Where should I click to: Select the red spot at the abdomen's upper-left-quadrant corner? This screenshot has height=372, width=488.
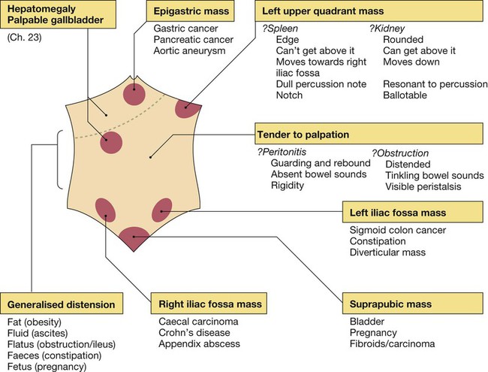point(187,108)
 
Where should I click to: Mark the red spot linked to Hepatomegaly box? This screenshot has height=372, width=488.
point(113,142)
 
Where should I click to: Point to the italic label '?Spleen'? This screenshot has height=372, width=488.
point(277,28)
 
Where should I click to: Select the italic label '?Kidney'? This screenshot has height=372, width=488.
point(387,28)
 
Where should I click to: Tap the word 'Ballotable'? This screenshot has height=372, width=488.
point(405,95)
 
